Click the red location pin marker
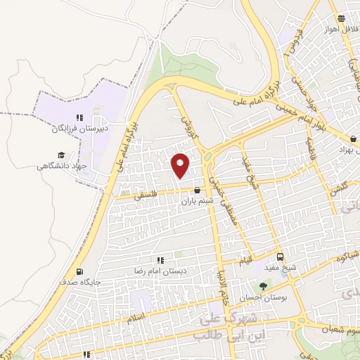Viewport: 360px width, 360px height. [x=181, y=165]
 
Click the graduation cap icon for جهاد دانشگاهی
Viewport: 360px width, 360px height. [x=61, y=155]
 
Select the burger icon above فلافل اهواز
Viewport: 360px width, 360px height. [x=341, y=19]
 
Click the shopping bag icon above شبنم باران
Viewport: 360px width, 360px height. [x=196, y=190]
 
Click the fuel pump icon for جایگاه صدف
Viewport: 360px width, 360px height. [x=78, y=272]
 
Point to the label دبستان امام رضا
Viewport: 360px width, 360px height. [x=161, y=271]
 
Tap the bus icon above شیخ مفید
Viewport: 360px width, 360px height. [x=281, y=257]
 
